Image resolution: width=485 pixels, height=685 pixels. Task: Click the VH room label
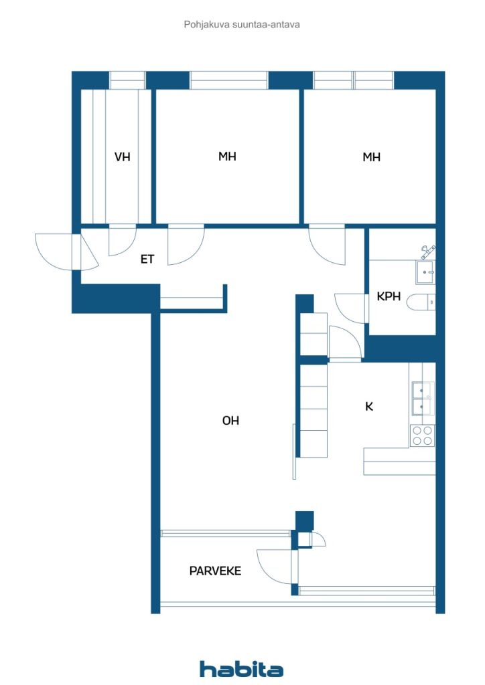pyautogui.click(x=122, y=157)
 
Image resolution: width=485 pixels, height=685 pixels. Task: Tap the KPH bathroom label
pyautogui.click(x=389, y=296)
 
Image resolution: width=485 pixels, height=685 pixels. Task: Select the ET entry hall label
pyautogui.click(x=147, y=259)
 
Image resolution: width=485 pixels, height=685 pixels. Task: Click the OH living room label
pyautogui.click(x=230, y=421)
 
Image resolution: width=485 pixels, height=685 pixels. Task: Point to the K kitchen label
pyautogui.click(x=368, y=406)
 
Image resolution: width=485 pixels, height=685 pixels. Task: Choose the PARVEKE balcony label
pyautogui.click(x=215, y=571)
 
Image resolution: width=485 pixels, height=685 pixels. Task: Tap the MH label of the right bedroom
pyautogui.click(x=371, y=157)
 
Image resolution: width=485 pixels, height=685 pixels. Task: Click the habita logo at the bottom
pyautogui.click(x=241, y=669)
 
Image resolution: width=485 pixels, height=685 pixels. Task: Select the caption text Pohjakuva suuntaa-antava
pyautogui.click(x=242, y=25)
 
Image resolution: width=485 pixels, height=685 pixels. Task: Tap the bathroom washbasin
pyautogui.click(x=425, y=271)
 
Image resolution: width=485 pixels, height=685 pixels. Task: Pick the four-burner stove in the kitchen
pyautogui.click(x=422, y=435)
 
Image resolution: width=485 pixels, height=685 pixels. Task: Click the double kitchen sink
pyautogui.click(x=422, y=398)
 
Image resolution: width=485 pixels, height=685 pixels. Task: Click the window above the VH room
pyautogui.click(x=127, y=80)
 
